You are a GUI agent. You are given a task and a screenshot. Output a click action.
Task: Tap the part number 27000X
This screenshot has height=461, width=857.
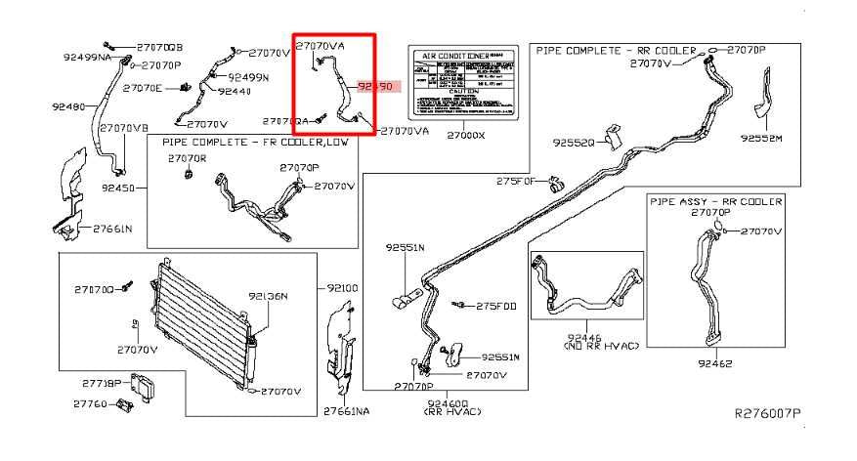pyautogui.click(x=465, y=136)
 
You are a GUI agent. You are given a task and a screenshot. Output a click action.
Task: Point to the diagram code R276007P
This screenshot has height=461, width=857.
pyautogui.click(x=768, y=414)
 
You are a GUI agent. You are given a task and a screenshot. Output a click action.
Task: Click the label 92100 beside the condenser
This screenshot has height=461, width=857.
pyautogui.click(x=343, y=288)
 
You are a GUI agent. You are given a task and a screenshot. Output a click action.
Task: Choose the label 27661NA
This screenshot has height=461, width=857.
pyautogui.click(x=347, y=411)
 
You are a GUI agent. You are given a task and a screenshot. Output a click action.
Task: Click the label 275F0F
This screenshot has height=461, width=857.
pyautogui.click(x=515, y=181)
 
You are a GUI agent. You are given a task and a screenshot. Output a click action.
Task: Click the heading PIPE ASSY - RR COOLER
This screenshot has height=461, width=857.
pyautogui.click(x=716, y=201)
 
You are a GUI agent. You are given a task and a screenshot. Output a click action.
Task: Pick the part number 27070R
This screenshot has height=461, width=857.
pyautogui.click(x=187, y=157)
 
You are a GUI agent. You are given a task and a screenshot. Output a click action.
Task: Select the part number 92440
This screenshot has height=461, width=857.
pyautogui.click(x=234, y=91)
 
